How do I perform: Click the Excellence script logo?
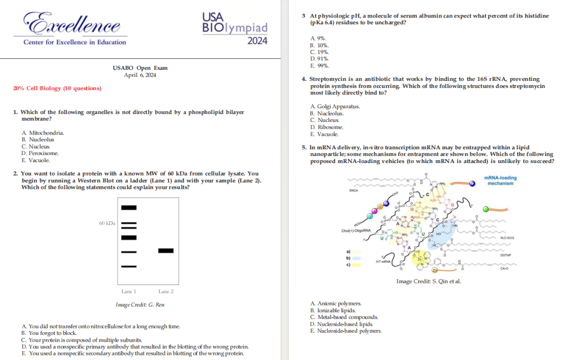pyautogui.click(x=72, y=23)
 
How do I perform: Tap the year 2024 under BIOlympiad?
pyautogui.click(x=257, y=41)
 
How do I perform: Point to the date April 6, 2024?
pyautogui.click(x=140, y=75)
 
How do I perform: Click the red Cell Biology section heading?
pyautogui.click(x=57, y=88)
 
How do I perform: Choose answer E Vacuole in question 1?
pyautogui.click(x=36, y=160)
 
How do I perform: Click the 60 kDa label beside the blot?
pyautogui.click(x=107, y=224)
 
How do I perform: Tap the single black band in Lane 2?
pyautogui.click(x=166, y=251)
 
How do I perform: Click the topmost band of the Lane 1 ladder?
pyautogui.click(x=129, y=208)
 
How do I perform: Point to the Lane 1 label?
pyautogui.click(x=129, y=291)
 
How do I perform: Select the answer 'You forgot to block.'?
pyautogui.click(x=49, y=333)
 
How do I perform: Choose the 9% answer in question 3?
pyautogui.click(x=319, y=38)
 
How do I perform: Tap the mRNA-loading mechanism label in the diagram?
pyautogui.click(x=500, y=180)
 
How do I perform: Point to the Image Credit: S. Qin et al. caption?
pyautogui.click(x=429, y=282)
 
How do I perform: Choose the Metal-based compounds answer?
pyautogui.click(x=344, y=317)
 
